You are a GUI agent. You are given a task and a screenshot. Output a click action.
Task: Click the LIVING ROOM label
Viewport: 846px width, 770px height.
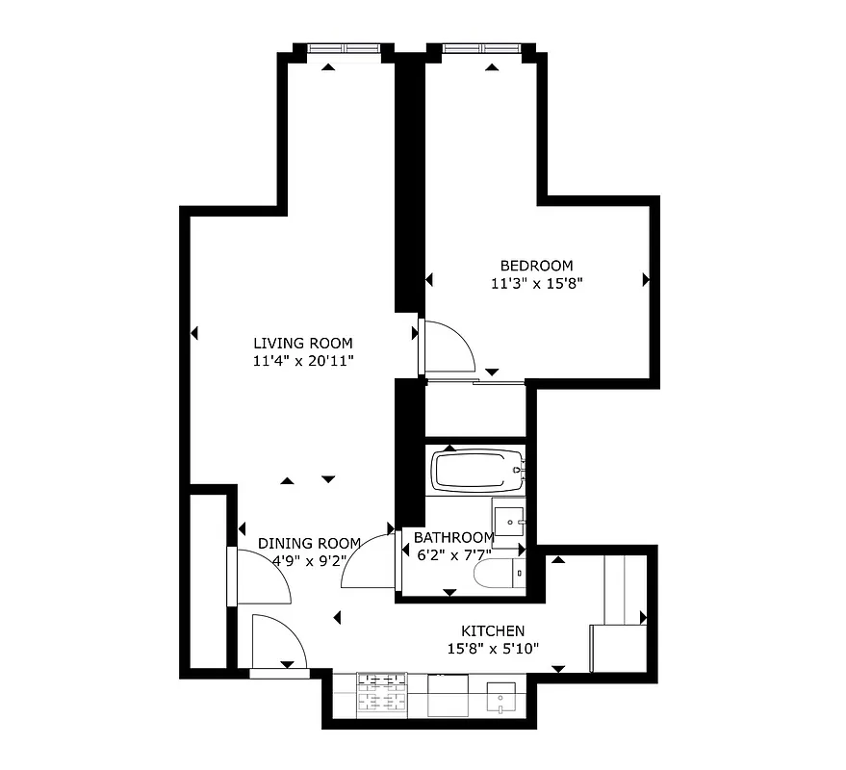[302, 343]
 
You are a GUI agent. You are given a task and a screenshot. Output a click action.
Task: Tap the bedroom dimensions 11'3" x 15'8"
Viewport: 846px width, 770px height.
[537, 284]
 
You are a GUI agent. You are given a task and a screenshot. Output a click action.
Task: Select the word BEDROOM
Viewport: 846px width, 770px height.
[536, 266]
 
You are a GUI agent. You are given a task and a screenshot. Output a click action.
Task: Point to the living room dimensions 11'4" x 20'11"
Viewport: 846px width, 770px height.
[302, 361]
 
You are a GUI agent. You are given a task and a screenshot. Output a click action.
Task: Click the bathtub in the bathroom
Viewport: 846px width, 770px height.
[476, 472]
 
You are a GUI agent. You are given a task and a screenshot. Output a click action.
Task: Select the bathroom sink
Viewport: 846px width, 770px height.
[508, 522]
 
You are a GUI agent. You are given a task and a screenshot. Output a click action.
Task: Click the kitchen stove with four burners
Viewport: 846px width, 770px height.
[382, 694]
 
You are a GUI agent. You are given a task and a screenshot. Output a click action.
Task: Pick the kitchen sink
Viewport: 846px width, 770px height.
[501, 696]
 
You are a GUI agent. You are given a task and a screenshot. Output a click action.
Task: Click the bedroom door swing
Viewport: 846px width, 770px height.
[448, 346]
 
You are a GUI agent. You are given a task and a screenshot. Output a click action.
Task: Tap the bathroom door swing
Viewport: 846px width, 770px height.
[370, 561]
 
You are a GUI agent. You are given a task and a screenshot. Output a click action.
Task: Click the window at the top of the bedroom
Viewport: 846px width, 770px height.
[479, 48]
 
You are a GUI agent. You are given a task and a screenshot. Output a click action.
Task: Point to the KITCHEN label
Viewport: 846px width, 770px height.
[492, 630]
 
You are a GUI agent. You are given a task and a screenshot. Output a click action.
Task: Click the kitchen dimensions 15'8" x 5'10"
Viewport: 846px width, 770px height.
[492, 649]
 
